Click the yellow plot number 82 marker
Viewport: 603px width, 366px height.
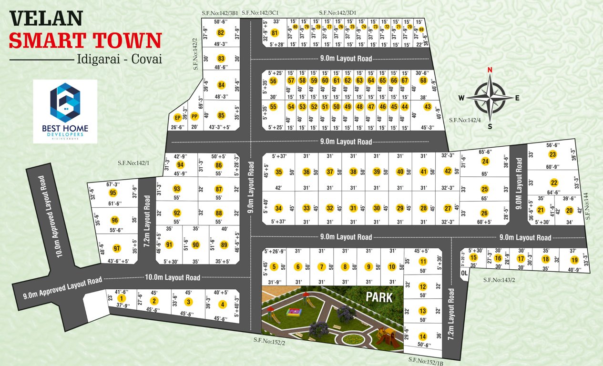[220, 33]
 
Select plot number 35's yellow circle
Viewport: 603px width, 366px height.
[279, 172]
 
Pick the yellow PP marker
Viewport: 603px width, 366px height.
[194, 116]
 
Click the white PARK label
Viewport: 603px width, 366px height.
[379, 297]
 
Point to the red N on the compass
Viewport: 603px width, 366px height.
[489, 70]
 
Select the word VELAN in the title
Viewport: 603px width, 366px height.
[39, 19]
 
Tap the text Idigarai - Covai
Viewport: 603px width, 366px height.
[119, 60]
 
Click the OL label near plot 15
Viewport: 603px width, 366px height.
[464, 273]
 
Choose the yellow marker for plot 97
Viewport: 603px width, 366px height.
[116, 248]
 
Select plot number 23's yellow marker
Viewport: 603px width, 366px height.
[552, 154]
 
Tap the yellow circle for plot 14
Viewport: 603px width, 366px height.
[422, 336]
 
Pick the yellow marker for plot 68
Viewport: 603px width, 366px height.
[423, 81]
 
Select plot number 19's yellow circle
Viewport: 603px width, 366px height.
[574, 260]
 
